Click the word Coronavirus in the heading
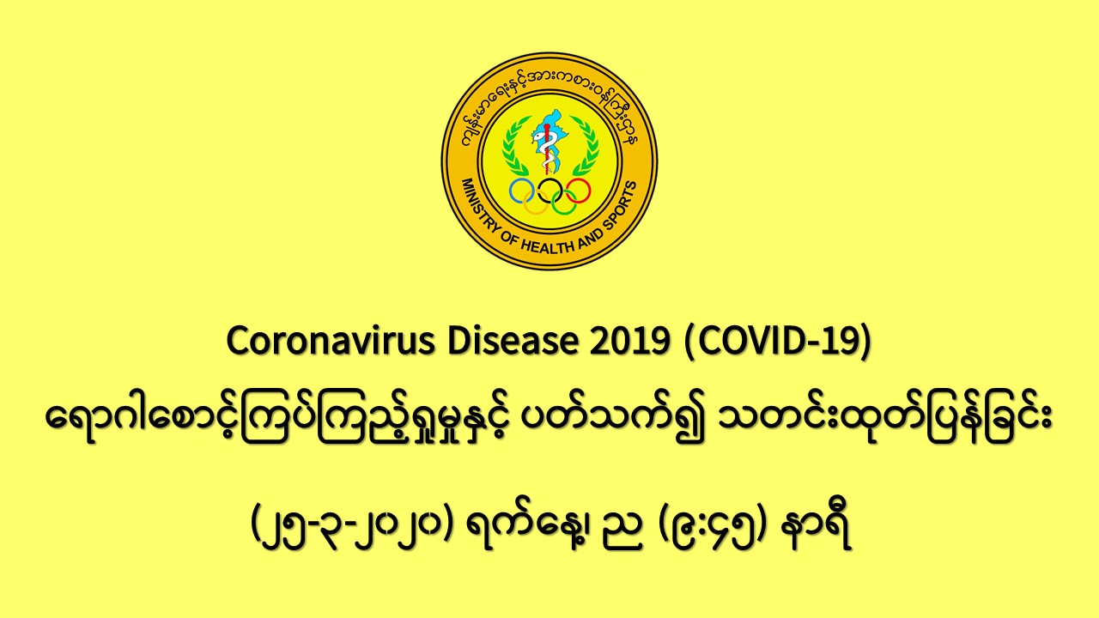pyautogui.click(x=331, y=341)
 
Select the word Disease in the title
pyautogui.click(x=513, y=341)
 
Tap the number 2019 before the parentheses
pyautogui.click(x=630, y=342)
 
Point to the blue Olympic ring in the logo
pyautogui.click(x=510, y=191)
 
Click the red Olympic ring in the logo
pyautogui.click(x=590, y=191)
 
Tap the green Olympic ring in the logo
pyautogui.click(x=563, y=215)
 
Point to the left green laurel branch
pyautogui.click(x=513, y=146)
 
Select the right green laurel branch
pyautogui.click(x=586, y=146)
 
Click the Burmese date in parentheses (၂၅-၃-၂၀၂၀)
pyautogui.click(x=351, y=528)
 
